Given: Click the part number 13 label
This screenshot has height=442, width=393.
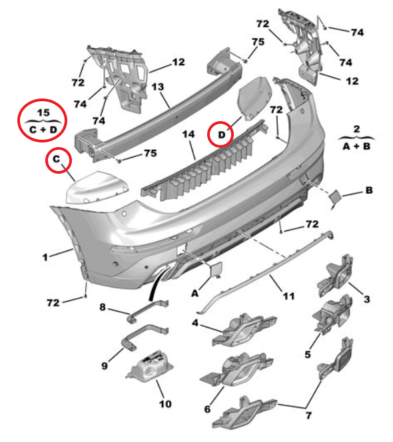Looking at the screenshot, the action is (x=157, y=87).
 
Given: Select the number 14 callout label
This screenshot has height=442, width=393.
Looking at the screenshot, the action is (x=189, y=134).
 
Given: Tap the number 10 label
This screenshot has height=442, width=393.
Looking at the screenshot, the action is (x=165, y=404).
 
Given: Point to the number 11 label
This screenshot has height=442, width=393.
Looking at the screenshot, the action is (x=288, y=296).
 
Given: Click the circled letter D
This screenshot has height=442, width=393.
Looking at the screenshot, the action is (x=222, y=134).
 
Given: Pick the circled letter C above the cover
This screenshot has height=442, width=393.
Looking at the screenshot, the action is (x=57, y=159).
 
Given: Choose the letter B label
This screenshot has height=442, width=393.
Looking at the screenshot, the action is (x=369, y=190).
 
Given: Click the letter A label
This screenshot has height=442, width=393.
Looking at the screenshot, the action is (x=195, y=294).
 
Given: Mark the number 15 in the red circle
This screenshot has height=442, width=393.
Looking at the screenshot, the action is (x=43, y=112).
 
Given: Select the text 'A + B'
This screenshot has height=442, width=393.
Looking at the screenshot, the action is (x=356, y=146).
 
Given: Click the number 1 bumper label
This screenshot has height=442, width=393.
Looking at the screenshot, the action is (x=45, y=257).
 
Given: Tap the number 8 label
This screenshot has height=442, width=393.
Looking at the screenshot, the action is (x=103, y=307).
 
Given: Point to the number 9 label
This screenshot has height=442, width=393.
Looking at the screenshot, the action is (x=105, y=366).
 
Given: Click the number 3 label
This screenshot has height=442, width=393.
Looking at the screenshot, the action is (x=367, y=299).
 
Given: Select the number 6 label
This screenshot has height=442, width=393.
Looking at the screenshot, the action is (x=207, y=409).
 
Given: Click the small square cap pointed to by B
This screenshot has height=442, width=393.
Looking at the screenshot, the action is (x=335, y=196).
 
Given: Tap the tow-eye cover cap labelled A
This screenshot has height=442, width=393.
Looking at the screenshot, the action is (x=215, y=269).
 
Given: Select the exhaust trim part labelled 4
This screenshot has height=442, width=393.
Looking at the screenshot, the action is (x=244, y=330).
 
